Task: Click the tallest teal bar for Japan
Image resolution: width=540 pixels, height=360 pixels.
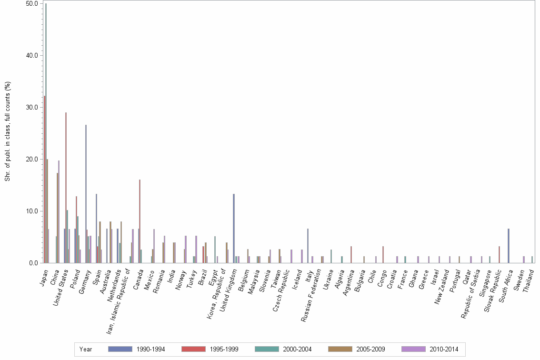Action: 46,133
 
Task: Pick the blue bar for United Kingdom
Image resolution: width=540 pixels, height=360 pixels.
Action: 234,229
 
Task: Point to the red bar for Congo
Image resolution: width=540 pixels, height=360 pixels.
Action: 383,254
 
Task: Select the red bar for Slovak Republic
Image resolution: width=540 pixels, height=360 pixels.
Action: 499,254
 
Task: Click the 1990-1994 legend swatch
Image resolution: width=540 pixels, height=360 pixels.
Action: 120,349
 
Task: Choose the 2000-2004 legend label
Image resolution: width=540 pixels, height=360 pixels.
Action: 298,349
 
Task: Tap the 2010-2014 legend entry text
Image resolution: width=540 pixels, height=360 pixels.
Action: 444,349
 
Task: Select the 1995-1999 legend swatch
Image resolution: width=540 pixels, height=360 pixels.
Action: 193,349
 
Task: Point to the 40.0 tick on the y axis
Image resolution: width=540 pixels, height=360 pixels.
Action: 32,55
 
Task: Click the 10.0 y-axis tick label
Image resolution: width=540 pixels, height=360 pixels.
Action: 32,211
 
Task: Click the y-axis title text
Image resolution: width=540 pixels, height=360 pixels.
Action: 7,131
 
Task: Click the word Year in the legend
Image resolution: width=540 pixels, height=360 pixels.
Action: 86,349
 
